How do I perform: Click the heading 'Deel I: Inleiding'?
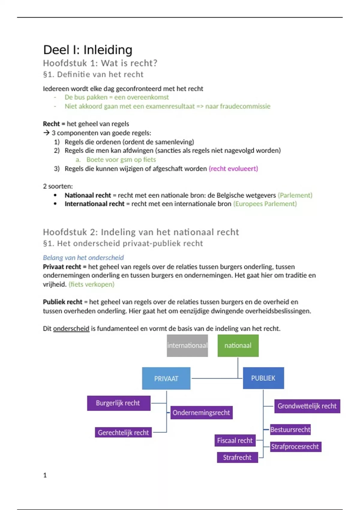(x=88, y=50)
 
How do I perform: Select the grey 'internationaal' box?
(x=187, y=346)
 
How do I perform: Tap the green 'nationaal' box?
(x=238, y=346)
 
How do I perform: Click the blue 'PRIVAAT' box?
(x=166, y=378)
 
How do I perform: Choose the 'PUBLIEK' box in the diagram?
(x=263, y=378)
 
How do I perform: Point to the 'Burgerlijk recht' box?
(x=118, y=403)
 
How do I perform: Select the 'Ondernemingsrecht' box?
(x=201, y=412)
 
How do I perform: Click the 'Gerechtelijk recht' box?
(x=123, y=432)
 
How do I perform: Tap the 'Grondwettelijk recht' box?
(x=307, y=406)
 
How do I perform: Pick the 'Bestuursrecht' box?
(x=290, y=429)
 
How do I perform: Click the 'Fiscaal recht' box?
(x=235, y=440)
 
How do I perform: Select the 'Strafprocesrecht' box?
(x=295, y=446)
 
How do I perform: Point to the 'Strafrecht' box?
(x=237, y=457)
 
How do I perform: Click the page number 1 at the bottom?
(x=45, y=475)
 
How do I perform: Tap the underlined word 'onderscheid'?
(x=71, y=328)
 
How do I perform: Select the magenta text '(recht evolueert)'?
(x=233, y=169)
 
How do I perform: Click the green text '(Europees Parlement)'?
(x=265, y=204)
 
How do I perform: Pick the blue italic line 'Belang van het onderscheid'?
(x=83, y=258)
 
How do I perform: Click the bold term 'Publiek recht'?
(x=62, y=302)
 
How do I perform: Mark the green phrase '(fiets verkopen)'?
(x=91, y=284)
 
